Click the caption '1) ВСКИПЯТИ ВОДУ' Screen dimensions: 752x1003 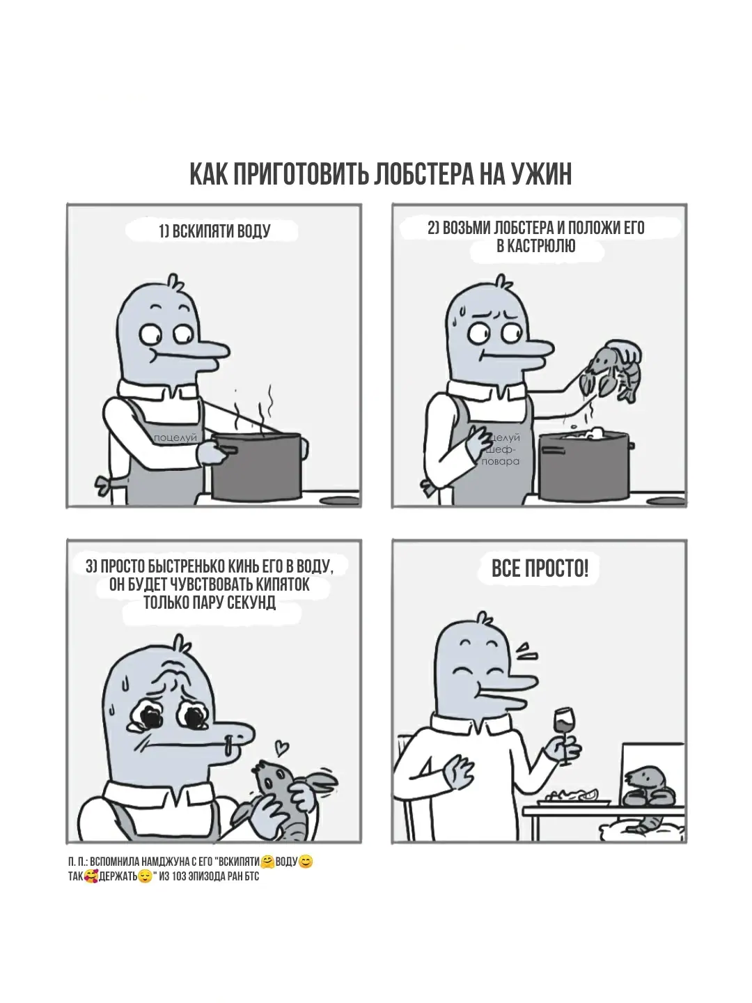[214, 231]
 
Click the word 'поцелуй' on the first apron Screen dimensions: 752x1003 [175, 437]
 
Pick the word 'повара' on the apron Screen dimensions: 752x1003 [501, 462]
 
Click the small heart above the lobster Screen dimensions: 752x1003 [282, 747]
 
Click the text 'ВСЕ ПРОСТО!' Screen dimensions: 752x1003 [540, 569]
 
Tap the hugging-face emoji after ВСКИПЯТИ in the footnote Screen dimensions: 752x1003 [267, 862]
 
